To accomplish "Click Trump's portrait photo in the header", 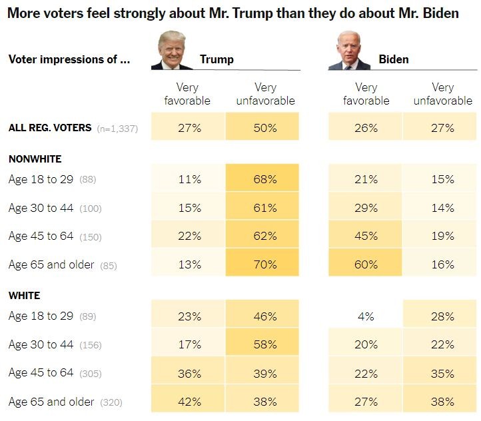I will point(176,51).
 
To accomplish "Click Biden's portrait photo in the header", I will point(348,51).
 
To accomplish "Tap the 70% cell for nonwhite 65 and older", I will point(265,264).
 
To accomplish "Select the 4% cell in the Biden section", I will point(365,316).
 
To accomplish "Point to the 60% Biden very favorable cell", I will point(365,264).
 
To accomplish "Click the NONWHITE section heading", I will point(35,159).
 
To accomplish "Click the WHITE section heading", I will point(24,295).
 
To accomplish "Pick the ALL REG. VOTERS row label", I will point(50,127).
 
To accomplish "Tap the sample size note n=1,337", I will point(117,129).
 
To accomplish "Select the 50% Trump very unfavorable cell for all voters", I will point(265,128).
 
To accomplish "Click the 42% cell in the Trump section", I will point(189,402).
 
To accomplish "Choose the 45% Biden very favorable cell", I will point(365,236).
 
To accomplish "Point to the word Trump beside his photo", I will point(217,60).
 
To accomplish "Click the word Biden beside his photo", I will point(394,60).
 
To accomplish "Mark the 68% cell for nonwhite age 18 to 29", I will point(265,179).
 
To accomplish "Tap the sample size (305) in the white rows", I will point(90,374).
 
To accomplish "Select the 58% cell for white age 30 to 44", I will point(265,345).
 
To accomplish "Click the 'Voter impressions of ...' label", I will point(69,59).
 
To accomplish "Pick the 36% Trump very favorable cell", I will point(189,374).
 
